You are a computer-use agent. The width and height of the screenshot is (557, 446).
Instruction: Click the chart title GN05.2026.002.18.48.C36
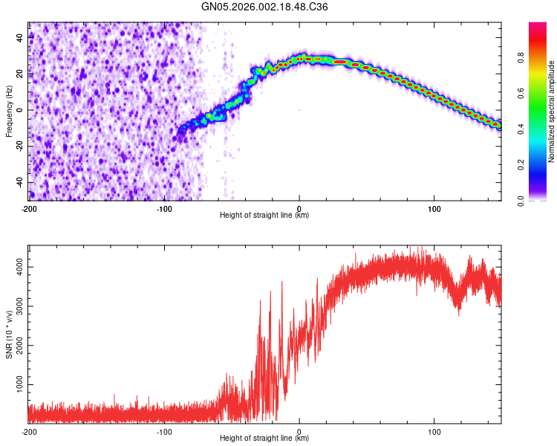coord(265,7)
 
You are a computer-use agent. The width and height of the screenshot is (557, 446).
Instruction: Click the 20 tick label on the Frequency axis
coord(21,74)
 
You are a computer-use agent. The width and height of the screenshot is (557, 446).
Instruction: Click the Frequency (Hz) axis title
coord(9,111)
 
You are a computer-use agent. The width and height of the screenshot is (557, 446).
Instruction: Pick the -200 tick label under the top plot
coord(28,208)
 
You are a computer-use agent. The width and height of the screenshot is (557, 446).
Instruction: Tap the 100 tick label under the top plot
coord(434,208)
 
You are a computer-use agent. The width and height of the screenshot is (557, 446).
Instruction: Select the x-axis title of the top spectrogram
coord(264,216)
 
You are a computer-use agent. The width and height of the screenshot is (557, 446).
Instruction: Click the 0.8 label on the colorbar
coord(521,58)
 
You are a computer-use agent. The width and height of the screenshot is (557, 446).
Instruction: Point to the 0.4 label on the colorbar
coord(521,129)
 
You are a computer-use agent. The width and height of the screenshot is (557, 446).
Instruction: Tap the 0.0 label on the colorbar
coord(521,199)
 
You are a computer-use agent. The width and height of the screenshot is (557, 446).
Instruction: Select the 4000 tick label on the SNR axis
coord(16,266)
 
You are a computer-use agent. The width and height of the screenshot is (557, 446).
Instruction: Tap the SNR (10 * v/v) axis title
coord(9,334)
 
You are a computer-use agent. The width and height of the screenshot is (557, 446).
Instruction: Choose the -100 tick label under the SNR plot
coord(163,432)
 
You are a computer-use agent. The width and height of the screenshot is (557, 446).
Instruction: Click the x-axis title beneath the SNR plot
coord(264,439)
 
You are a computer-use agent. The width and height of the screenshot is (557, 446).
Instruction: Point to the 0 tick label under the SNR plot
coord(299,432)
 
